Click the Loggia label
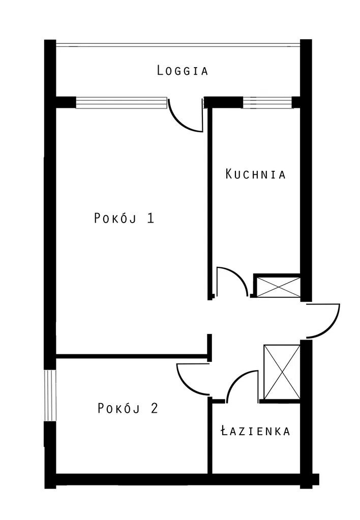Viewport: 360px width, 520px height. pos(183,71)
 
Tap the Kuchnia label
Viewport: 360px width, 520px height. pos(255,174)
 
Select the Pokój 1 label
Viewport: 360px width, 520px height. pos(124,218)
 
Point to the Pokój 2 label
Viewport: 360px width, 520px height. pos(128,408)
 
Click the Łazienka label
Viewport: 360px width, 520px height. pos(255,431)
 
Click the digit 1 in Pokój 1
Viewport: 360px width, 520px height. pos(151,218)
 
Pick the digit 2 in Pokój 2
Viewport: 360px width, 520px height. pos(154,408)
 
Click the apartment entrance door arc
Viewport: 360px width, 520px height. pos(332,329)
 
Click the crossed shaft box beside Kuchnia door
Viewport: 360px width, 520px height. pos(279,287)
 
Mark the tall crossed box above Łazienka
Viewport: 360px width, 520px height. pos(282,372)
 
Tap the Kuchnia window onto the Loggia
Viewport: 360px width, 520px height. pos(267,102)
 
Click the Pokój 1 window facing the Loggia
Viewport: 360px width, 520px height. pos(122,103)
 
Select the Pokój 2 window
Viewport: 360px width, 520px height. pos(50,395)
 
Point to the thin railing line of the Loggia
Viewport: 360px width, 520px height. pos(178,44)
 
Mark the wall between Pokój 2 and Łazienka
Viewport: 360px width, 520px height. pos(209,435)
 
